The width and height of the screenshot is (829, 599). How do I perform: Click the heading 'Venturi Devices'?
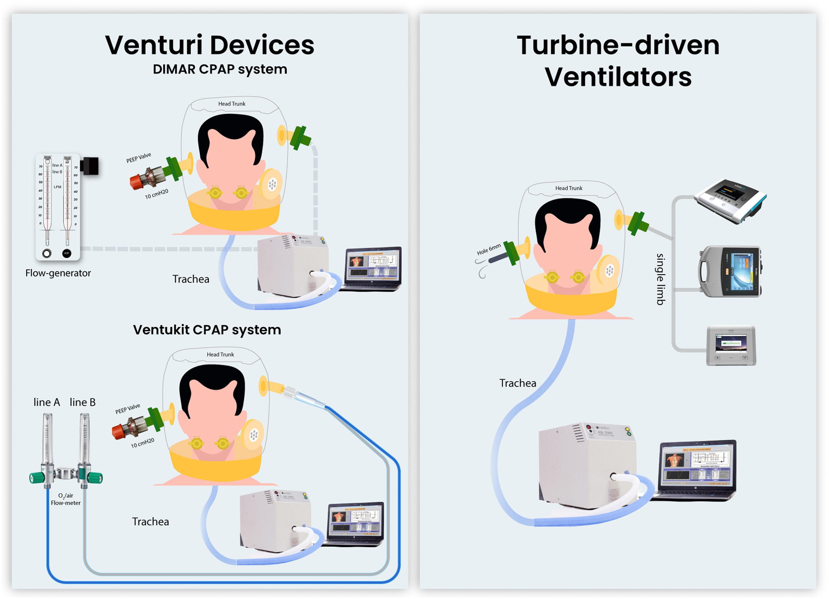[x=209, y=45]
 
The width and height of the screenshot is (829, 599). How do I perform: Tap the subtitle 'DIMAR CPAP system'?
[x=220, y=69]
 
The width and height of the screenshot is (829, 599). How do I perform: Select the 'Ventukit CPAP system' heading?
[x=207, y=330]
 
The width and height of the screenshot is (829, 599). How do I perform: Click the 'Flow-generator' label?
[x=58, y=273]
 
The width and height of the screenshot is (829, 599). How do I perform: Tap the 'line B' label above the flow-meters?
[x=83, y=402]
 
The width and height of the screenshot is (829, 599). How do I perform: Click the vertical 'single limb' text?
[x=660, y=279]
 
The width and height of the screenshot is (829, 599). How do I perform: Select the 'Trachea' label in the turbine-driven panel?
[x=518, y=383]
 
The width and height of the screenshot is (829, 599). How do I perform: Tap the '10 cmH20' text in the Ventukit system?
[x=143, y=443]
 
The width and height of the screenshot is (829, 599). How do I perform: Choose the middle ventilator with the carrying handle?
[x=730, y=271]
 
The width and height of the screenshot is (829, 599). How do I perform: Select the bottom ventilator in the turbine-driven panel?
[x=731, y=345]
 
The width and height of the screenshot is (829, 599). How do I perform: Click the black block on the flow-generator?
[x=90, y=166]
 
